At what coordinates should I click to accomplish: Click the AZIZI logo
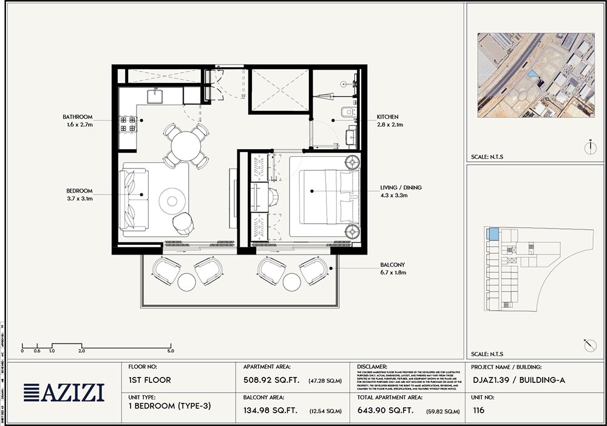coord(64,393)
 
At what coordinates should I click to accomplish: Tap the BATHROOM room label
coord(78,117)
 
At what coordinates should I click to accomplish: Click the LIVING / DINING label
coord(401,188)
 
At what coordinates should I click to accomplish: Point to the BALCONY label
coord(393,265)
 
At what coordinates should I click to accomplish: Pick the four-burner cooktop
coord(127,124)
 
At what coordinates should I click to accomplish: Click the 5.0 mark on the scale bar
coord(171,351)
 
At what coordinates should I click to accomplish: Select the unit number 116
coord(480,410)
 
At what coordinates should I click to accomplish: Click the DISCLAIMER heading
coord(371,367)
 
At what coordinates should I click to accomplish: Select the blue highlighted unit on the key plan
coord(493,234)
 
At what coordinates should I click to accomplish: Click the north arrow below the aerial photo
coord(589,146)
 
